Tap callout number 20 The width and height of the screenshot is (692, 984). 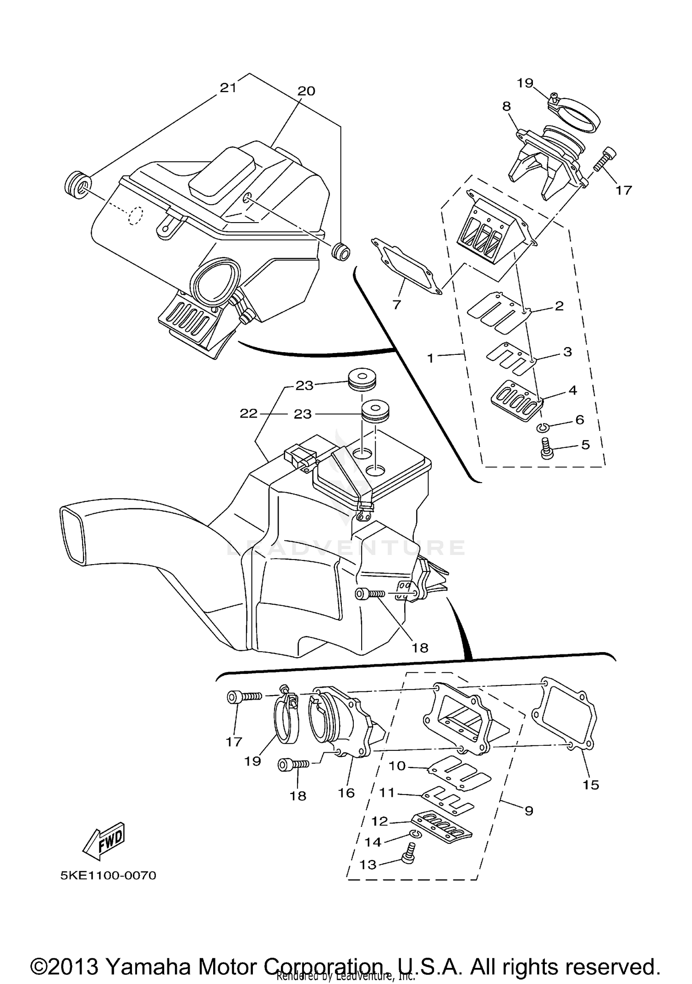(306, 91)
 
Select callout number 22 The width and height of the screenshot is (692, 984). (248, 413)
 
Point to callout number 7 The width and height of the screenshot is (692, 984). (396, 304)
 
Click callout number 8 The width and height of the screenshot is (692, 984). (507, 106)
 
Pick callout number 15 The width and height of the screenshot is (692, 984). (591, 784)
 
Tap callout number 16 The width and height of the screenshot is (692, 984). (346, 793)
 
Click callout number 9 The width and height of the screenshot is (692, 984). (529, 810)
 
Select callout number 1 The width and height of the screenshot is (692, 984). (430, 358)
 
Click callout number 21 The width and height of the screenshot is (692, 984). (228, 88)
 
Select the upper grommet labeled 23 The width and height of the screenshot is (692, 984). (361, 378)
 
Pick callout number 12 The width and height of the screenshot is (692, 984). (380, 821)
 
